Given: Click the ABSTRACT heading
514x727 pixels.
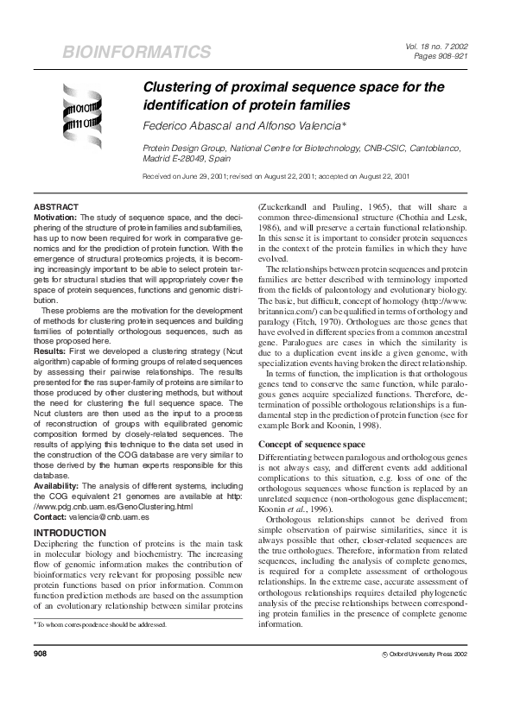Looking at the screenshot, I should click(56, 208).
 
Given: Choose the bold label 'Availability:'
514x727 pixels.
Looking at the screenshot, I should click(59, 487).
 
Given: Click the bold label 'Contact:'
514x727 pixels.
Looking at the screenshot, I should click(51, 515).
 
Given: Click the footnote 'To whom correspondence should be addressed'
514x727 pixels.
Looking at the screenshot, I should click(101, 648).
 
